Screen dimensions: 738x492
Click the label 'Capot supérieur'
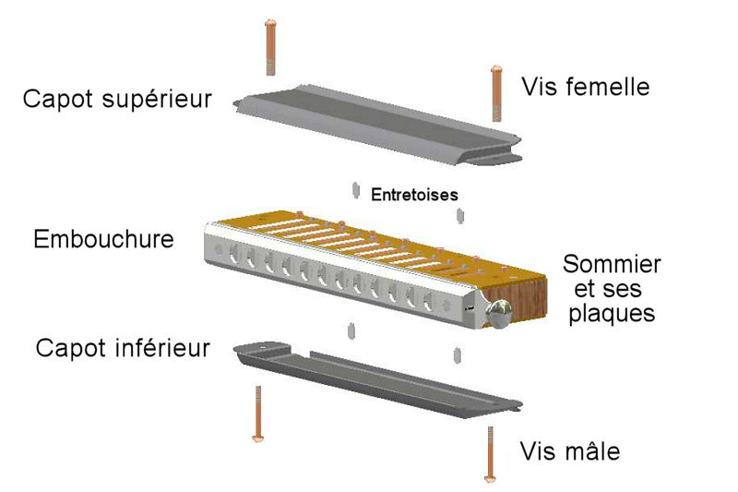(117, 100)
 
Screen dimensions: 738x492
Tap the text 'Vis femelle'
(586, 87)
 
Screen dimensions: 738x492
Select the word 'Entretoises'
(414, 195)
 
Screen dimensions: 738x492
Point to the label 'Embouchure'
(103, 239)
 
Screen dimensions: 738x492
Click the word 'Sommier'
(612, 264)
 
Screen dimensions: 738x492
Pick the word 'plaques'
(612, 314)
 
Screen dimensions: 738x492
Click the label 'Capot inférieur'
(123, 348)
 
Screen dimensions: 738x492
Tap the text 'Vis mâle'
(570, 451)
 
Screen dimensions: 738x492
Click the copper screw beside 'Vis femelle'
(496, 93)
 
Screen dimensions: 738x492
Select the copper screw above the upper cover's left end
(270, 47)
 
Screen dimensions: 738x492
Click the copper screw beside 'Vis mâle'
(491, 454)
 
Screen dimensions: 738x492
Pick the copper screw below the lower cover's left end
(258, 414)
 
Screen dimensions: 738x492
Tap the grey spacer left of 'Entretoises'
(356, 190)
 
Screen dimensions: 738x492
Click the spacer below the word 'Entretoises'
(459, 215)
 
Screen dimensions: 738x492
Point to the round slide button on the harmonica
(500, 313)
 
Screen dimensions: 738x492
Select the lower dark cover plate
(377, 379)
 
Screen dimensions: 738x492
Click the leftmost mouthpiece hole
(233, 257)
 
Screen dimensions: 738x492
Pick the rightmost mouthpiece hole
(427, 300)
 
